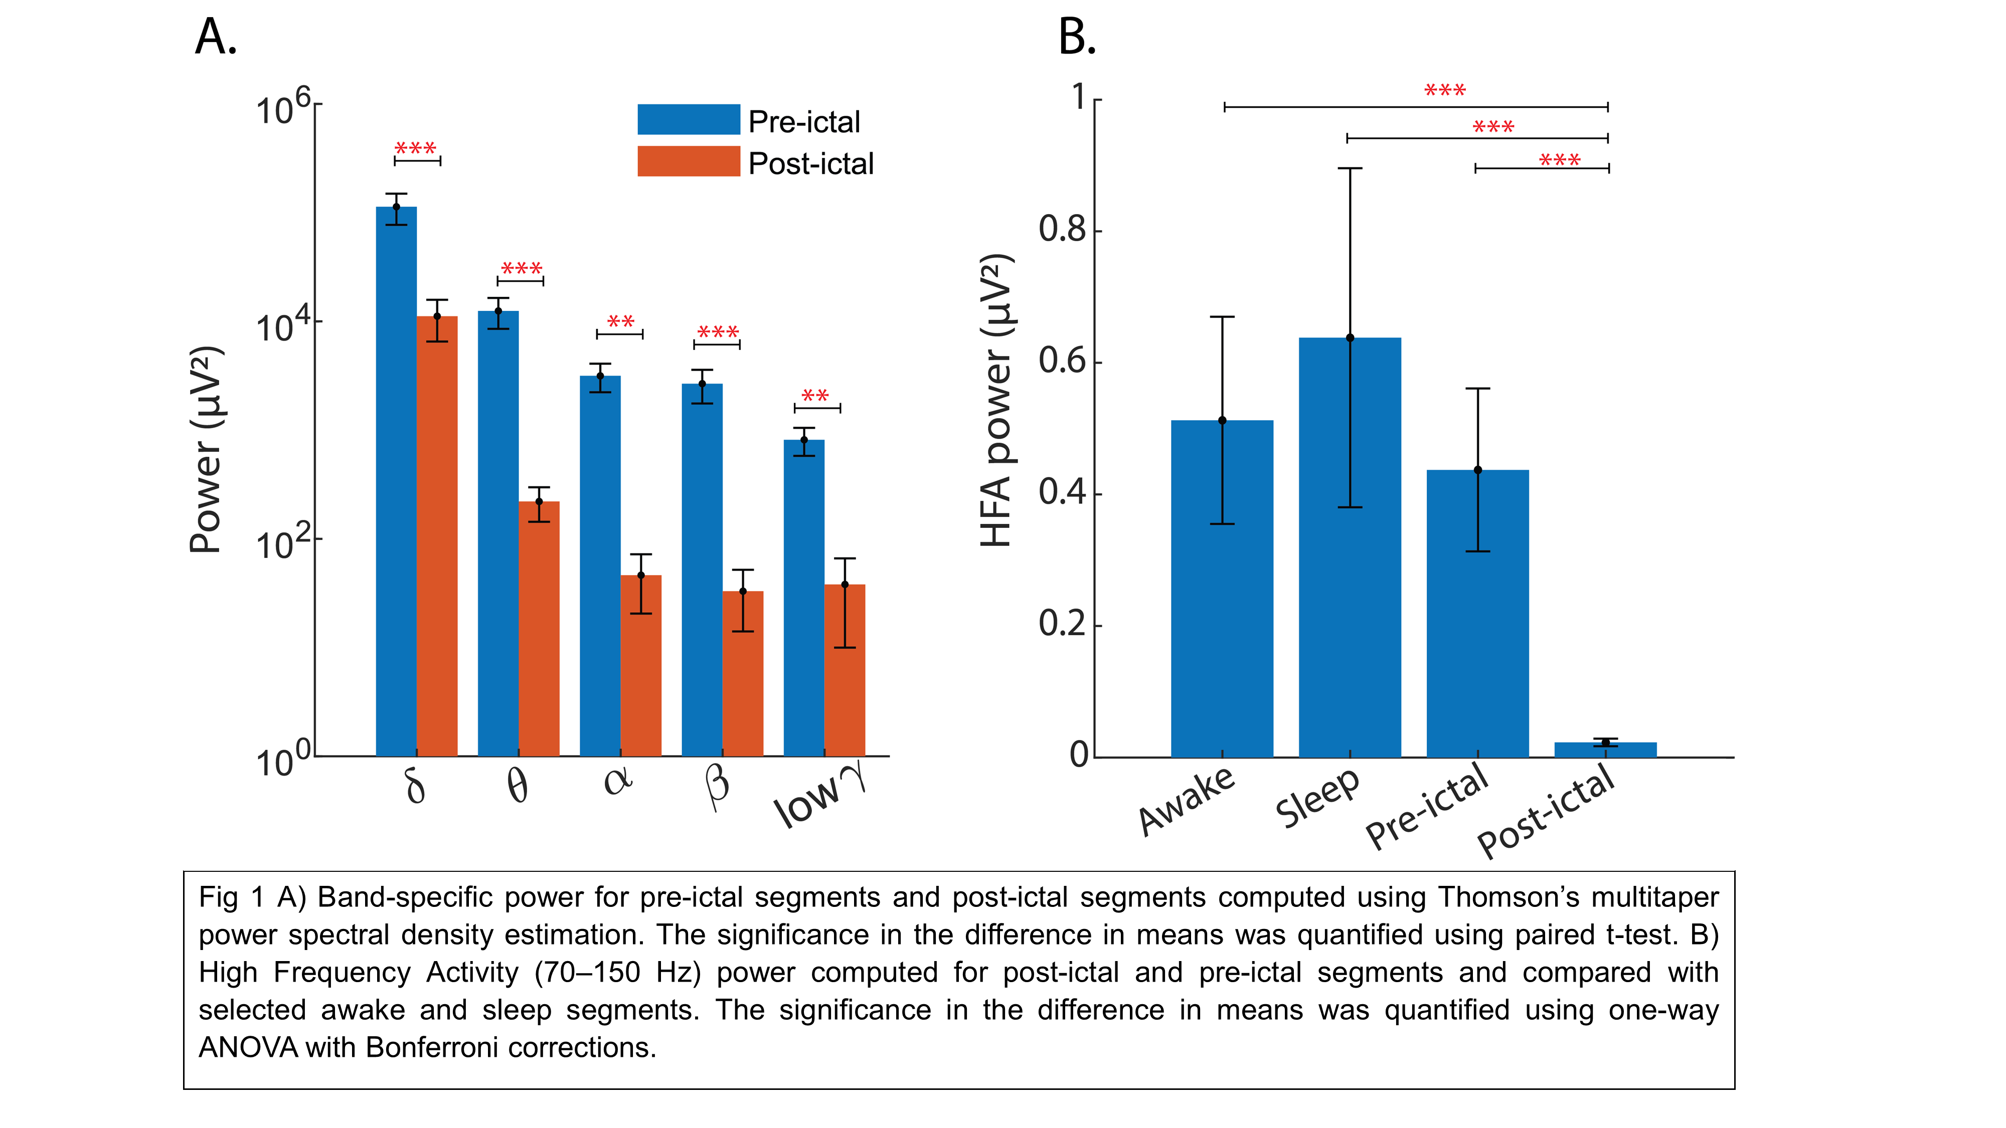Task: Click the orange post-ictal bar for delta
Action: tap(437, 537)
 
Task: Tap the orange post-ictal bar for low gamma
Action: tap(845, 669)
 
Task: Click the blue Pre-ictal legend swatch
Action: tap(689, 120)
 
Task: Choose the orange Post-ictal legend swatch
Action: tap(689, 162)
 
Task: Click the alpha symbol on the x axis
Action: tap(618, 781)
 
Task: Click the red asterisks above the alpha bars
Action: tap(621, 321)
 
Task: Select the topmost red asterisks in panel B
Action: tap(1444, 90)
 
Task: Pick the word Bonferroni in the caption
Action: tap(431, 1048)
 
